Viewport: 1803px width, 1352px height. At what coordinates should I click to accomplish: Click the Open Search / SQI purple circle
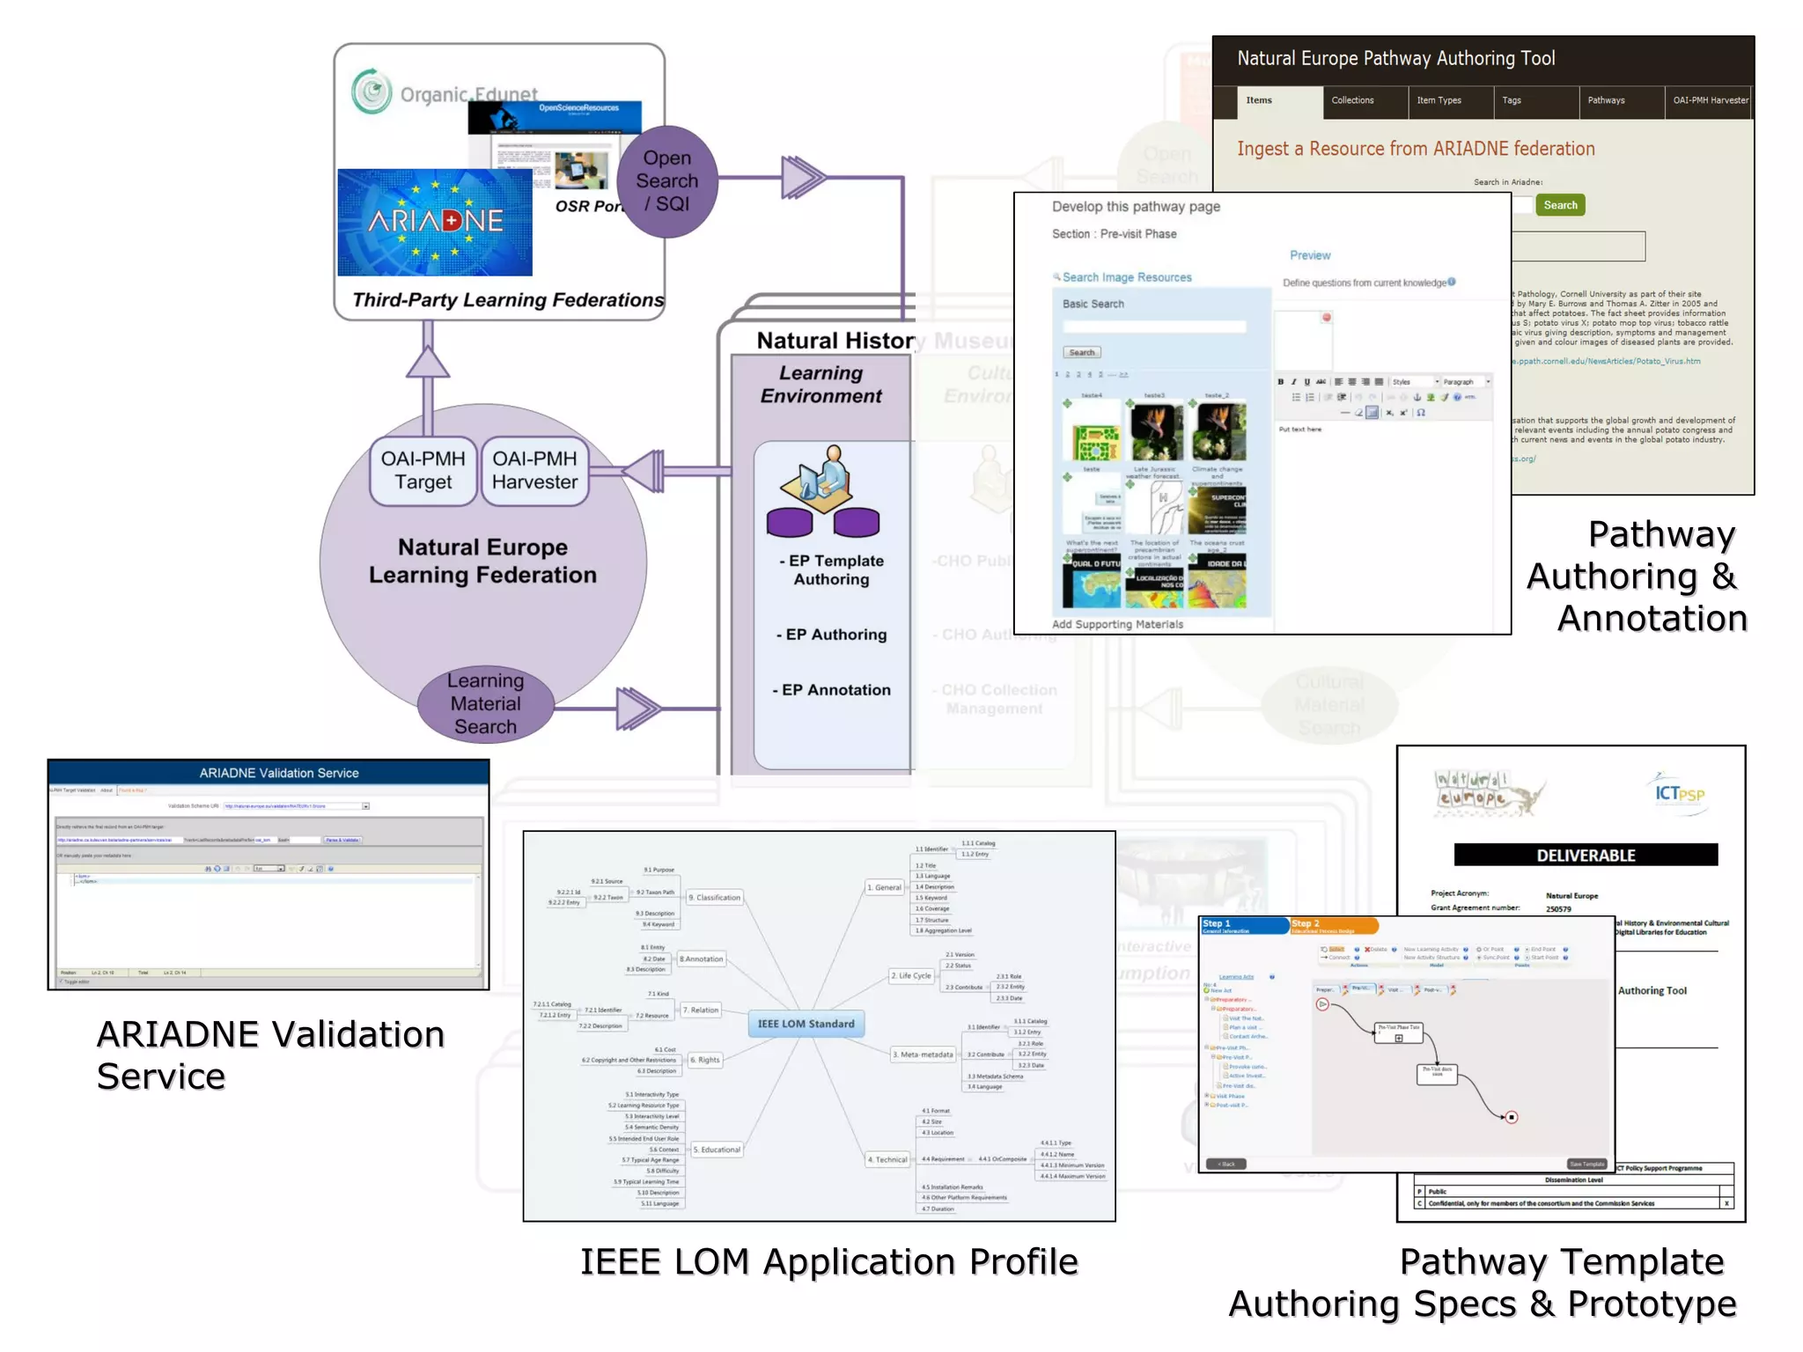click(667, 181)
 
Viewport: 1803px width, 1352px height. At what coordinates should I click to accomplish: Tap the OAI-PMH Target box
click(423, 471)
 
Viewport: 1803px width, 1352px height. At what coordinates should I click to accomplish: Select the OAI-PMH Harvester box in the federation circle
click(534, 471)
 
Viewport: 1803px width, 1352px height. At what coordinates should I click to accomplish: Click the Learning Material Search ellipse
click(485, 703)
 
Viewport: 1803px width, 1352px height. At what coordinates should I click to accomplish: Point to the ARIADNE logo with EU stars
click(435, 222)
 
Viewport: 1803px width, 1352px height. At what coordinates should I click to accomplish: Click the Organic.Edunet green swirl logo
click(372, 91)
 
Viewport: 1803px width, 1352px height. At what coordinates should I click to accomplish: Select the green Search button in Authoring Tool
click(1559, 205)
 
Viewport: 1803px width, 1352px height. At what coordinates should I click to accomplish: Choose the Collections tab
click(1352, 100)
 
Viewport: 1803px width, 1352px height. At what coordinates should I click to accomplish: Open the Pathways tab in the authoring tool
click(1606, 100)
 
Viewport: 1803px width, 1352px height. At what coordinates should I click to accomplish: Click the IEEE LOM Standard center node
click(806, 1024)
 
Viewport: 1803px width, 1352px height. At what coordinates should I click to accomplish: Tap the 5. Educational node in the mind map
click(718, 1150)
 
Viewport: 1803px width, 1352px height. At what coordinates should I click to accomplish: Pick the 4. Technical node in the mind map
click(887, 1159)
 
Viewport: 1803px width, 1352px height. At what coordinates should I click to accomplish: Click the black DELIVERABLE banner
click(1585, 855)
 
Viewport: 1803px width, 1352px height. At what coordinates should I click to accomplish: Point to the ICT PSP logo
click(1679, 792)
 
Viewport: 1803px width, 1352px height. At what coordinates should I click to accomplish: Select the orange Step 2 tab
click(1333, 925)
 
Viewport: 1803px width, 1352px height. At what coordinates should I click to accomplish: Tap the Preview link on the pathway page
click(1310, 255)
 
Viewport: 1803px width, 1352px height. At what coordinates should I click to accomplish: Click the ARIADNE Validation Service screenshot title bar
click(269, 773)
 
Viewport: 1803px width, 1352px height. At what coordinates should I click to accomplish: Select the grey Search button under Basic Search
click(1081, 352)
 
